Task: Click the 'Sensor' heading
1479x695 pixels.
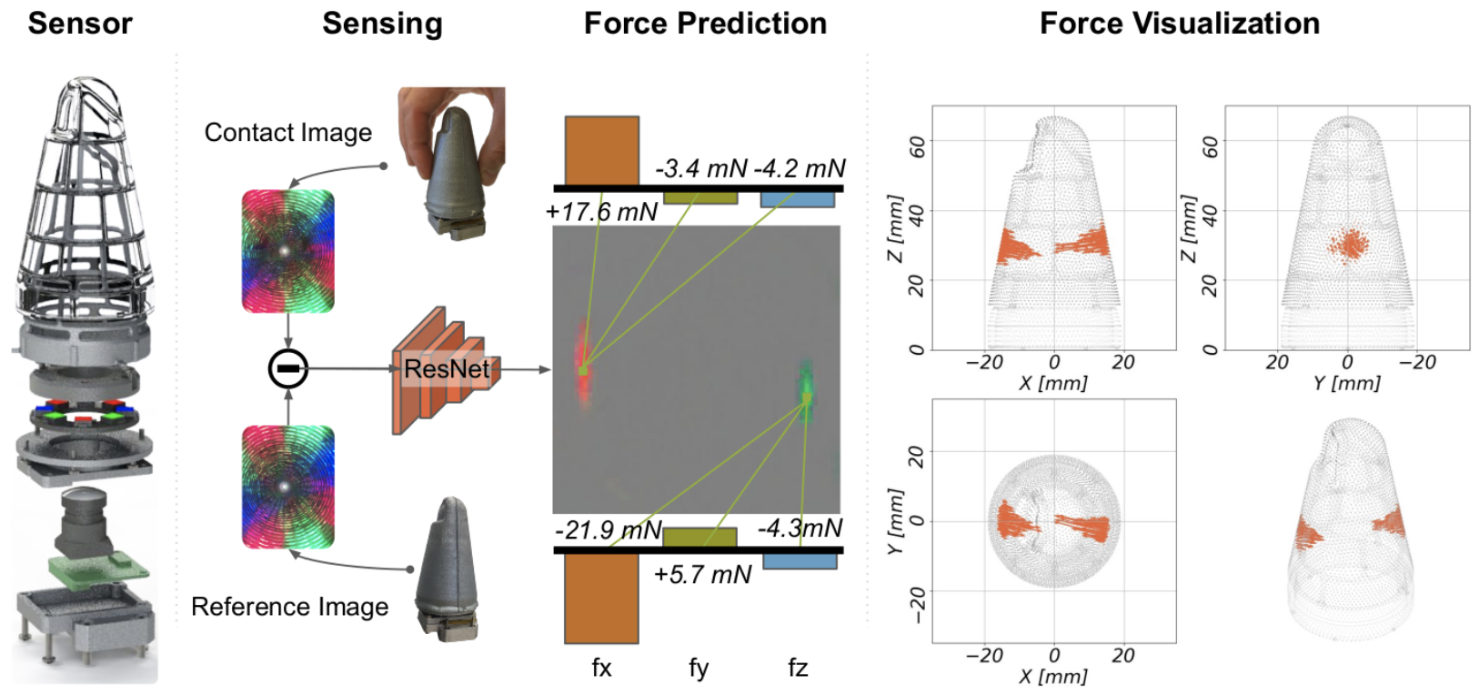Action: [x=80, y=24]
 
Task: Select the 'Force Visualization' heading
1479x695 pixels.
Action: [x=1179, y=24]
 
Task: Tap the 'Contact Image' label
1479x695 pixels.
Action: [x=287, y=133]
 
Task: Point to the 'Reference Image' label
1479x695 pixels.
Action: [x=289, y=607]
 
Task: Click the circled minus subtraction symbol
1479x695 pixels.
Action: [x=288, y=368]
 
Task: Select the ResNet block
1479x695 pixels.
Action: [x=445, y=369]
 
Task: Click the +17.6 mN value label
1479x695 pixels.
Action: [x=600, y=212]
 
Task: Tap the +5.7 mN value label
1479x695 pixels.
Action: [x=702, y=575]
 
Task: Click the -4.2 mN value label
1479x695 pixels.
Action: [x=800, y=168]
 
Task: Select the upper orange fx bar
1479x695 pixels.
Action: [x=601, y=150]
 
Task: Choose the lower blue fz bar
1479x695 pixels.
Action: [x=800, y=561]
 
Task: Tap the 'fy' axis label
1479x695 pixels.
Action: [x=698, y=669]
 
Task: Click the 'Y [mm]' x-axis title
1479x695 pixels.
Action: [x=1346, y=383]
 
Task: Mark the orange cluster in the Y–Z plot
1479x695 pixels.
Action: [x=1348, y=244]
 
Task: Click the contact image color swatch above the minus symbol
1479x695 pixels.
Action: [x=287, y=251]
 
